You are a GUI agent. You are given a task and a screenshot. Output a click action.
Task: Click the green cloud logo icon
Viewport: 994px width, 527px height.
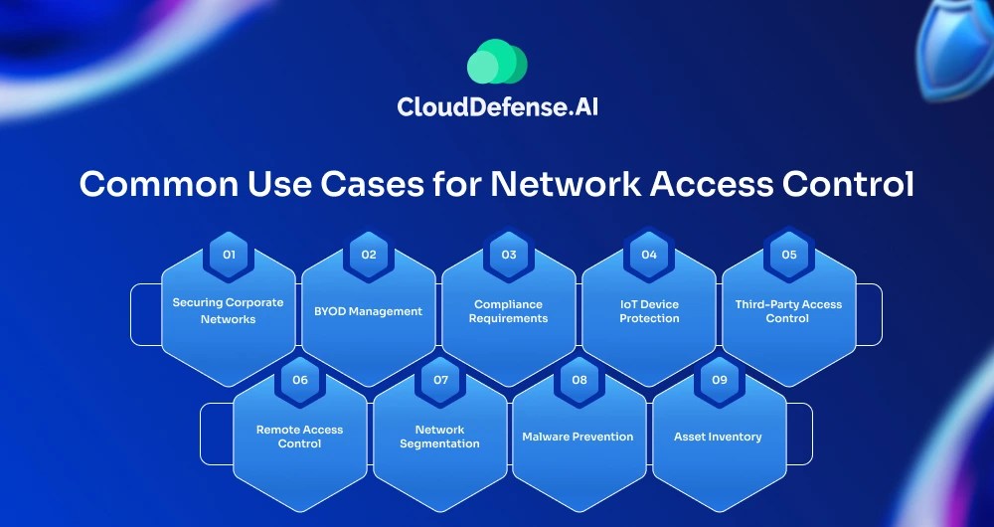point(496,62)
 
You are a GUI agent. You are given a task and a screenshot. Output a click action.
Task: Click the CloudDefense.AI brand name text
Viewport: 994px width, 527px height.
point(497,106)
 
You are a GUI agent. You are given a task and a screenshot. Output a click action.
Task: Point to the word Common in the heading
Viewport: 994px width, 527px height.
point(153,186)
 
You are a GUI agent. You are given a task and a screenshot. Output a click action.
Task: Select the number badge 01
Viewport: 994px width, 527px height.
point(229,255)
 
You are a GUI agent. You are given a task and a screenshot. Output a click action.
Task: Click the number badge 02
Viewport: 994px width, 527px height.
point(369,255)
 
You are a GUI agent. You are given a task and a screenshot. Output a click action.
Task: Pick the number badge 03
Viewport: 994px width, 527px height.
point(509,255)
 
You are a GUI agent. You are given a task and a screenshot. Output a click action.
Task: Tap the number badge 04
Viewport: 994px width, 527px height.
point(649,255)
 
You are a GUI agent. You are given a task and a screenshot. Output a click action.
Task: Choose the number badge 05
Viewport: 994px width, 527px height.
point(789,255)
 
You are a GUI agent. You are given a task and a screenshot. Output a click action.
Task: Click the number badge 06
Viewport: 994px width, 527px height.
point(299,380)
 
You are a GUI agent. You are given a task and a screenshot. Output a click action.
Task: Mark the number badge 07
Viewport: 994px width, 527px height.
point(440,380)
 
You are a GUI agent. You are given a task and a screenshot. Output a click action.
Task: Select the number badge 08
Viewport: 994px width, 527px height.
point(580,380)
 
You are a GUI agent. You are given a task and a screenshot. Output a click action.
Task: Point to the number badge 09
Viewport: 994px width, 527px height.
point(720,380)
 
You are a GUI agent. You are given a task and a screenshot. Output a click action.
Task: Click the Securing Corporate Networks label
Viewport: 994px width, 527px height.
point(228,310)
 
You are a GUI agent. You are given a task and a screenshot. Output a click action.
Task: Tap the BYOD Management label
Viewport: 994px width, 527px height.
point(368,311)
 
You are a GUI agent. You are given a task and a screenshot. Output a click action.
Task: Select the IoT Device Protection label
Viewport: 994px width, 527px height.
point(649,311)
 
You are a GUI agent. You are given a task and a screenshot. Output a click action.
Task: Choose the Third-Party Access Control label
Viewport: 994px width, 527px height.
point(788,311)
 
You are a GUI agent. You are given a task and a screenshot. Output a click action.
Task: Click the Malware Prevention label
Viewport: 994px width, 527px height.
point(578,437)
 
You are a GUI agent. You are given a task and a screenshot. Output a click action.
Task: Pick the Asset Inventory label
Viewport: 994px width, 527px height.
point(718,437)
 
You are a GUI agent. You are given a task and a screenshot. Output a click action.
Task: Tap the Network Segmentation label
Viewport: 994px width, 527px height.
point(439,437)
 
